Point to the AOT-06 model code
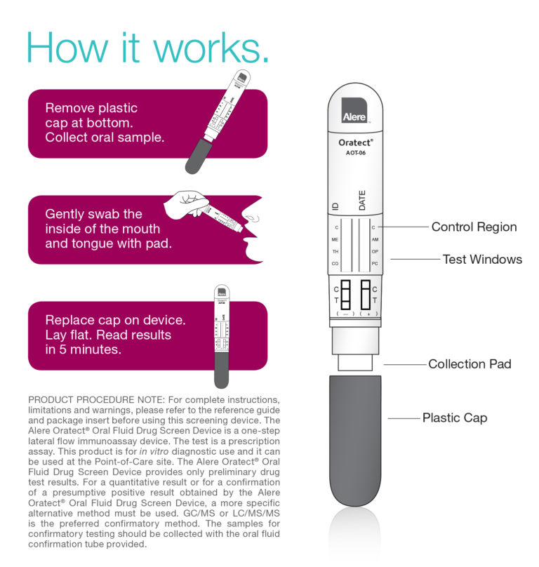(x=355, y=152)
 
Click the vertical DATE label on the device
(x=362, y=200)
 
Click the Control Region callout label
(x=474, y=227)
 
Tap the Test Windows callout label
(x=482, y=259)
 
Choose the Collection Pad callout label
(x=470, y=363)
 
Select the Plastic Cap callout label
(x=454, y=418)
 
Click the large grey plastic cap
(x=355, y=442)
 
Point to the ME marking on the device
(x=335, y=239)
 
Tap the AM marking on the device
(x=375, y=239)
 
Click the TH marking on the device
(x=335, y=251)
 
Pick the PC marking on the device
(x=375, y=263)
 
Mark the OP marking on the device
(x=375, y=251)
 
